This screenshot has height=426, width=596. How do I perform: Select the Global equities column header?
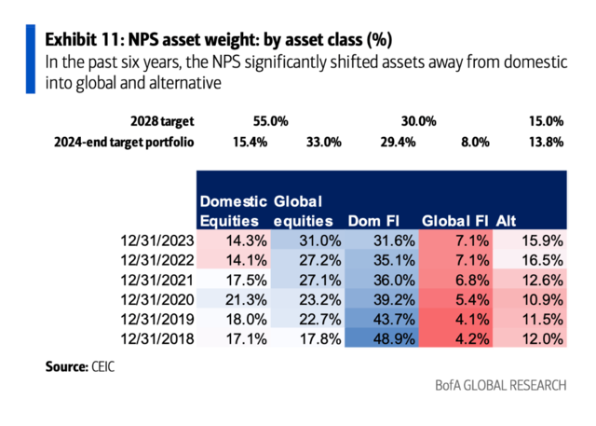point(305,211)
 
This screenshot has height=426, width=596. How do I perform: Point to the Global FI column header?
point(455,221)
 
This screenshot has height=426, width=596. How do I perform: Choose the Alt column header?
point(508,221)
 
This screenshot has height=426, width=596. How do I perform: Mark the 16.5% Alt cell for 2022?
point(542,259)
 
